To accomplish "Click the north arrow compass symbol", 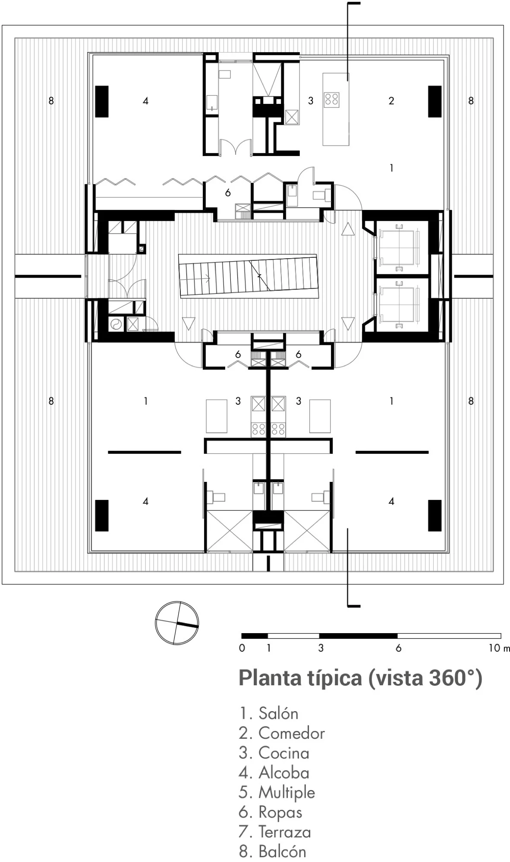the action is click(176, 623).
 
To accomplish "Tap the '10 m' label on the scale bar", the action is click(499, 648).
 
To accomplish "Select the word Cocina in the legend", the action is click(284, 753).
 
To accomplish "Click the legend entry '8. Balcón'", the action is click(273, 852).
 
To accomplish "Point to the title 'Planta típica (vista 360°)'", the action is click(360, 678).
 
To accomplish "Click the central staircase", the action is click(248, 275).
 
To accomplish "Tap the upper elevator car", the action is click(400, 248).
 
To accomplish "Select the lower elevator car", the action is click(400, 304).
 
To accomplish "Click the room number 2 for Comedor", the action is click(391, 101).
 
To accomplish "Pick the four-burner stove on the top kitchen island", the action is click(332, 99).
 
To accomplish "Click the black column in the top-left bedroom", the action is click(102, 101).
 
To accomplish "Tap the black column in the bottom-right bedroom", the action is click(435, 515).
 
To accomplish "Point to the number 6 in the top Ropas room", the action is click(228, 193).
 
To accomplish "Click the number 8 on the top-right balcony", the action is click(471, 101).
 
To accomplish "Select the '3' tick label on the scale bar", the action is click(321, 648).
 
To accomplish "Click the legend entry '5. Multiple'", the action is click(277, 793).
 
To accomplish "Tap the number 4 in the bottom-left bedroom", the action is click(145, 501).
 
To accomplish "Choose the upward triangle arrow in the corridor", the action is click(348, 229).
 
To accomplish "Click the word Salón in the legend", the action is click(278, 713).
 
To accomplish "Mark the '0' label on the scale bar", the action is click(242, 648).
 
